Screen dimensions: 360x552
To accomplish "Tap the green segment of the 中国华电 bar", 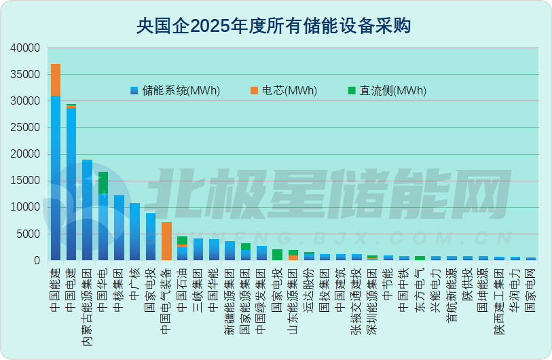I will coord(103,182).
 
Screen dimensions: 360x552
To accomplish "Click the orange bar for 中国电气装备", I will coord(166,241).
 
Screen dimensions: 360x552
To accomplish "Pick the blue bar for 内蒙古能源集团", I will coord(88,210).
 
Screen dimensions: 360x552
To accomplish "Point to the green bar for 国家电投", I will coord(277,255).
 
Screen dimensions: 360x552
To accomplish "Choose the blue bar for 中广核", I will coord(134,232).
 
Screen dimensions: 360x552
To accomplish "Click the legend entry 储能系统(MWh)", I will coord(175,91).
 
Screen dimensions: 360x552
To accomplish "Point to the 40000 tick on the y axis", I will coord(26,48).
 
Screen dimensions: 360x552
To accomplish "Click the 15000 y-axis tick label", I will coord(26,181).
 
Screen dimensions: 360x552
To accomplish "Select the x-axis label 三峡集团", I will coord(198,289).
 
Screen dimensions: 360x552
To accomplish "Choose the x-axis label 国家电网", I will coord(531,289).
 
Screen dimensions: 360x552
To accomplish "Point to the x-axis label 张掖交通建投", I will coord(356,298).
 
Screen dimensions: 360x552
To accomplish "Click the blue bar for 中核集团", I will coord(119,228).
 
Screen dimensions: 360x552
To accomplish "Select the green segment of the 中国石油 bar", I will coord(182,240).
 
